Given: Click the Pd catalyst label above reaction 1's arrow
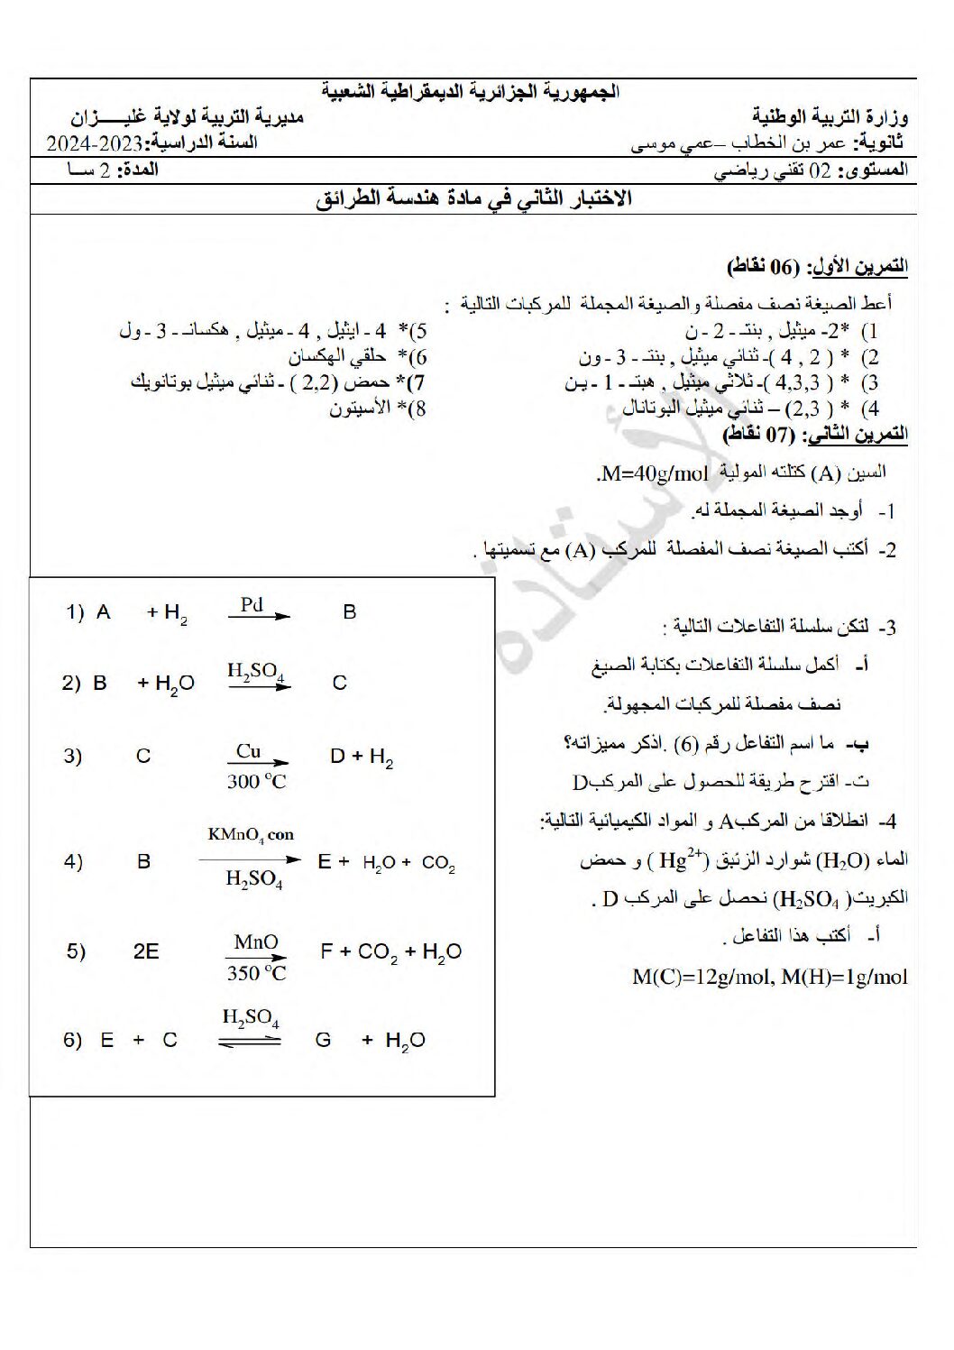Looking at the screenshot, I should click(252, 604).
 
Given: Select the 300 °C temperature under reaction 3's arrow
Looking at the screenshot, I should click(256, 782).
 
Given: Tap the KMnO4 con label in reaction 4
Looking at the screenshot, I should click(251, 835).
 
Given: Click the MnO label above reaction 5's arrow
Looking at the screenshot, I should click(256, 942).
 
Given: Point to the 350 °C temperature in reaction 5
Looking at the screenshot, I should click(256, 973).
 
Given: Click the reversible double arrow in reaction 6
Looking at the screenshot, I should click(249, 1041).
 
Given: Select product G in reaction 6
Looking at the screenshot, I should click(323, 1040).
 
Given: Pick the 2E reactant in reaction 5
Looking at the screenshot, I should click(146, 951).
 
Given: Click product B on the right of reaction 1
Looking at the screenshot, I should click(350, 612).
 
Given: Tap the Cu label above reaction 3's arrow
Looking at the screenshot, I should click(249, 750).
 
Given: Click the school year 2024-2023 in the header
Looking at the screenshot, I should click(96, 143).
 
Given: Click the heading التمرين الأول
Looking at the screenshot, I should click(857, 267).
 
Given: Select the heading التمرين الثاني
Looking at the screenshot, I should click(857, 435).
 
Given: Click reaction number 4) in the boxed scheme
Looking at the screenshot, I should click(74, 861).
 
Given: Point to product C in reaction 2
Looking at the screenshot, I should click(340, 683).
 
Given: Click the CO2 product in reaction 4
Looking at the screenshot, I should click(439, 863).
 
